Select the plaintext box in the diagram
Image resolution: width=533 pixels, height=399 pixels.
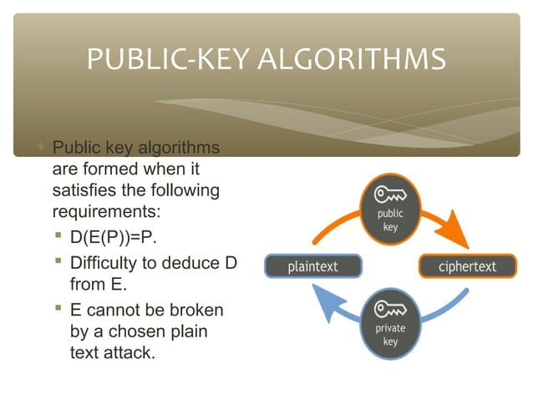pyautogui.click(x=313, y=267)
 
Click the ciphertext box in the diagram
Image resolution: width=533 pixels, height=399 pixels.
pyautogui.click(x=467, y=267)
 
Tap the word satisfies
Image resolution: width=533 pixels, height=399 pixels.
pyautogui.click(x=81, y=191)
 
